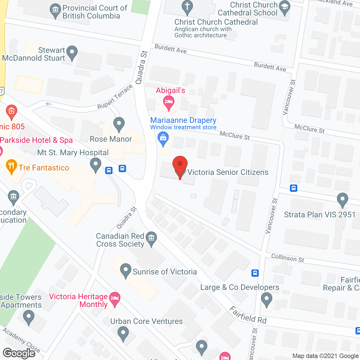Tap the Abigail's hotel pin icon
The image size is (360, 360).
click(169, 102)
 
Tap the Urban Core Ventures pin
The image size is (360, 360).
click(123, 334)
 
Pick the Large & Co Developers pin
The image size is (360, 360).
click(266, 299)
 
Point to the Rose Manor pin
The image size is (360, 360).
click(119, 124)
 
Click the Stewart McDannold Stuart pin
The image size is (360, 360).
click(72, 52)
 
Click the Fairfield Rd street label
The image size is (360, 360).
click(248, 315)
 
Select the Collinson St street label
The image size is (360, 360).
click(287, 258)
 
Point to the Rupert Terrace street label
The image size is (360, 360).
click(115, 97)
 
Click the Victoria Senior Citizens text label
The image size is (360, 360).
click(228, 172)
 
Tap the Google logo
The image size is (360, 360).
click(19, 353)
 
